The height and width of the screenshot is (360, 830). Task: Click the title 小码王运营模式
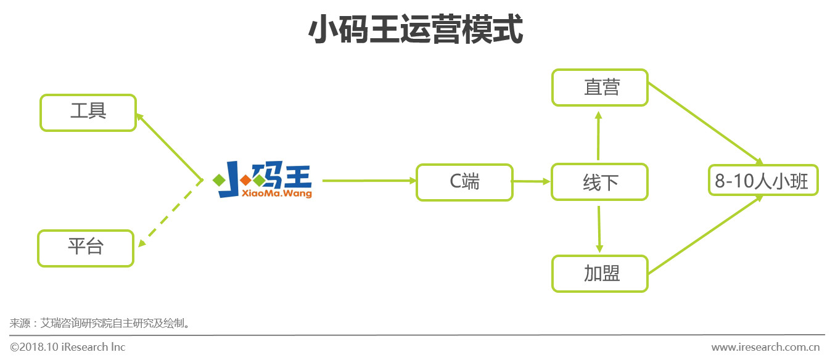click(x=414, y=30)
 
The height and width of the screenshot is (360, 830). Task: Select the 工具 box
click(x=88, y=112)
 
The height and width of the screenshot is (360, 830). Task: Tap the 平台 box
click(x=86, y=248)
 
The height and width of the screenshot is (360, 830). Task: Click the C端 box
click(x=464, y=182)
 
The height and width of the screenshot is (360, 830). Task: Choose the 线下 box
click(x=599, y=182)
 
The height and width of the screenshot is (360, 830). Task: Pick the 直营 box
click(x=599, y=88)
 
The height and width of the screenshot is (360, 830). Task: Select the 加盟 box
click(x=599, y=274)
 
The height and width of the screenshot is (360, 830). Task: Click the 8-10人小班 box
click(x=763, y=180)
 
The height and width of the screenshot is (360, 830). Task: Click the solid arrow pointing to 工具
click(x=170, y=147)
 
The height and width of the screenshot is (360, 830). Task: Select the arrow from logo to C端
click(x=369, y=181)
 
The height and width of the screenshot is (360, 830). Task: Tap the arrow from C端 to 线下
click(x=531, y=181)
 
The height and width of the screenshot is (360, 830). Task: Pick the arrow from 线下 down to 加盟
click(x=599, y=229)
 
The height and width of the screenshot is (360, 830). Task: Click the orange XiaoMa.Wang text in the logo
click(x=265, y=194)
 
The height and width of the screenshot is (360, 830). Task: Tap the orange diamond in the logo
click(x=245, y=180)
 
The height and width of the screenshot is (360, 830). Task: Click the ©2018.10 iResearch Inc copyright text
click(x=68, y=347)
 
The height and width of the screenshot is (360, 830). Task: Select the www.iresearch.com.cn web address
click(x=768, y=347)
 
